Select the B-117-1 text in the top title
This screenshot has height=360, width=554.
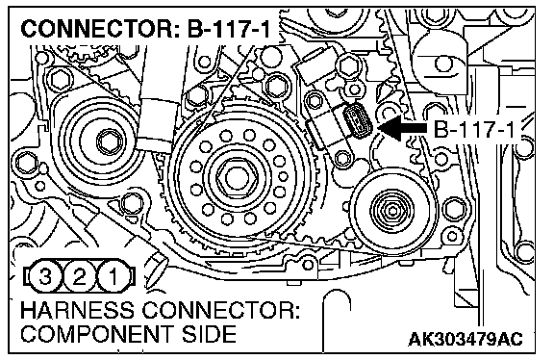point(229,29)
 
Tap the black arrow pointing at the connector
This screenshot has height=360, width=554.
point(403,128)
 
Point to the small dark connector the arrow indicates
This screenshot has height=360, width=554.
point(357,120)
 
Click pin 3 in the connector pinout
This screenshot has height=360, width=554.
point(45,276)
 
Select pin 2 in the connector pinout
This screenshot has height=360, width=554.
point(79,276)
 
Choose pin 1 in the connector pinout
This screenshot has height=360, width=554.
point(113,276)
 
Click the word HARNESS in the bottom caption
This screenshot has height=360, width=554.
point(78,310)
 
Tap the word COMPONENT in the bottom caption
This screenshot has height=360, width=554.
point(97,333)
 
